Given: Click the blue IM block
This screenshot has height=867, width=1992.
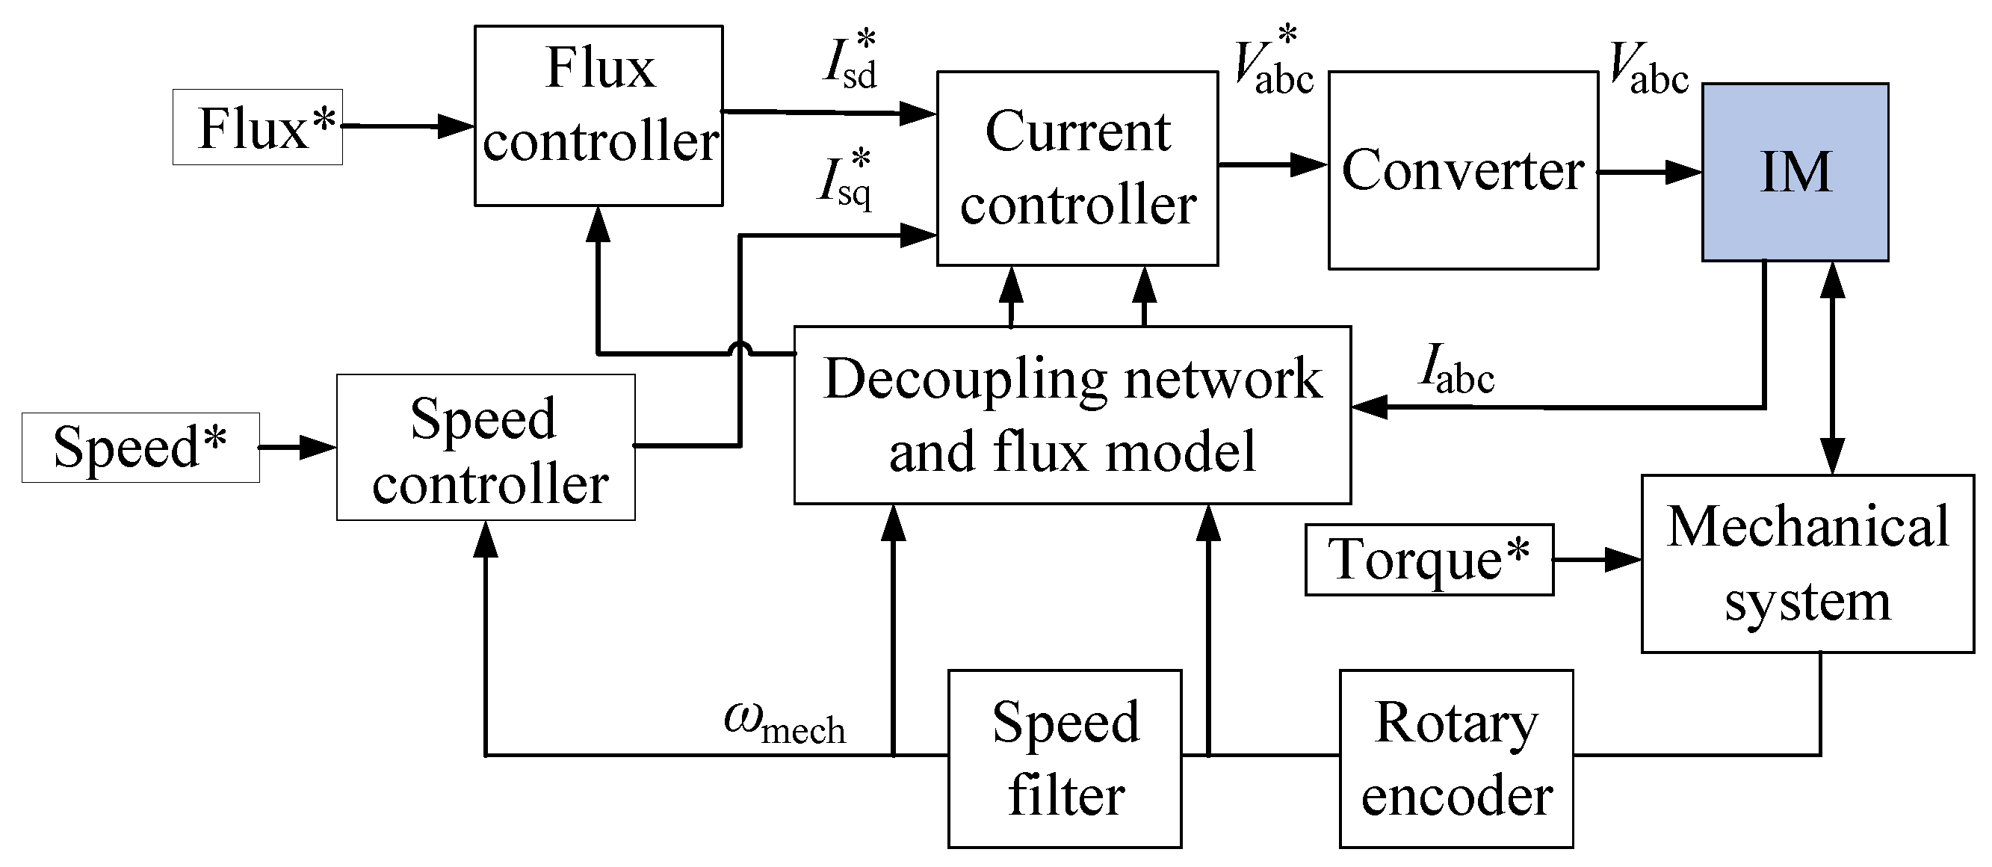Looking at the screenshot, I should [1794, 172].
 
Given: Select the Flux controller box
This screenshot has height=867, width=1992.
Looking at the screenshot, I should [598, 115].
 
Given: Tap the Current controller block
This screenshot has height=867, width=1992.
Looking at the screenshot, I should [1077, 169].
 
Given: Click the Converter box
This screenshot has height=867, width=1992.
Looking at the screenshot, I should [1462, 171].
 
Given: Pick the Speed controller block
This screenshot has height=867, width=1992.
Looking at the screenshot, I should [486, 448].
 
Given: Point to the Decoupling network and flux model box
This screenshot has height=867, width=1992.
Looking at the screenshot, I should [1071, 416].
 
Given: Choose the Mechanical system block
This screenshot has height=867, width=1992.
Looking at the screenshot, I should [1807, 564].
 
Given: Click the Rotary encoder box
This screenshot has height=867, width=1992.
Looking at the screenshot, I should [1456, 759].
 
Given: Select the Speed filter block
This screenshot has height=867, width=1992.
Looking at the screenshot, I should [1065, 759].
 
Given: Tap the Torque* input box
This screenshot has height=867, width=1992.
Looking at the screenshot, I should [1429, 560].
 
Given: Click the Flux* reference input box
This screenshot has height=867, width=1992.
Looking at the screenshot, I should [258, 128].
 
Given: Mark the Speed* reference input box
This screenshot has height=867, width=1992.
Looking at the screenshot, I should [140, 448].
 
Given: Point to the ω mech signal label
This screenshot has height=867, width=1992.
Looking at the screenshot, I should [784, 723].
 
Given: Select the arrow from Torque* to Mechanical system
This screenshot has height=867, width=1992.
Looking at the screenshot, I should [1597, 560].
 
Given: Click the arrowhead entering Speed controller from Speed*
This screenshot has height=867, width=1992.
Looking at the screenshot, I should [317, 447].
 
